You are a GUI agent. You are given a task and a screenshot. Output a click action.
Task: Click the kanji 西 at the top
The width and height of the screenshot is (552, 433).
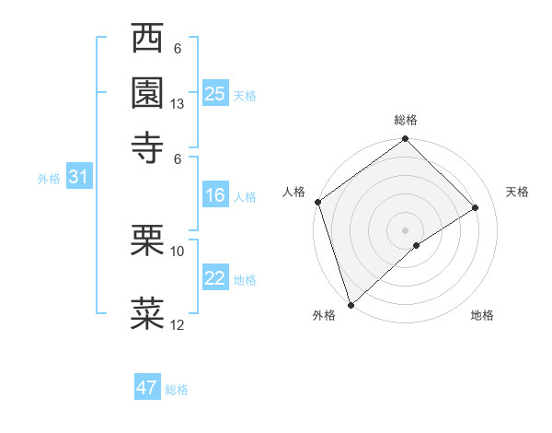coord(148,41)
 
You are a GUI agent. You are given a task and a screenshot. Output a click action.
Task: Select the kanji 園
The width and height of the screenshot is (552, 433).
coord(148,93)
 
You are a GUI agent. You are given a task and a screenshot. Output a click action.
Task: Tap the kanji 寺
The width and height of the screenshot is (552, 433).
coord(148,145)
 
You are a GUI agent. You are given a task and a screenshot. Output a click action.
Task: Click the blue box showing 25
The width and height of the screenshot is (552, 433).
coord(214,94)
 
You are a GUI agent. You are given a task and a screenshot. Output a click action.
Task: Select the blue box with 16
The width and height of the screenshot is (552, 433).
coord(214,195)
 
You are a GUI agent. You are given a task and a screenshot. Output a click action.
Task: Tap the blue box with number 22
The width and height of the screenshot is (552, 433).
coord(214,278)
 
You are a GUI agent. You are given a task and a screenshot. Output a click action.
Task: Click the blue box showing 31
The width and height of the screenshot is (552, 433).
coord(78,178)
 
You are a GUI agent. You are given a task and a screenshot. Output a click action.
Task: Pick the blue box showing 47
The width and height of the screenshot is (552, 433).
coord(147,388)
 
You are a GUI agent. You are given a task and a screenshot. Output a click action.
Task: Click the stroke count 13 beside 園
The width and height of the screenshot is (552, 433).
coord(178,104)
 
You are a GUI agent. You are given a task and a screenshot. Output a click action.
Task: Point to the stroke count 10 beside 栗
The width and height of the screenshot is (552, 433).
coord(178,251)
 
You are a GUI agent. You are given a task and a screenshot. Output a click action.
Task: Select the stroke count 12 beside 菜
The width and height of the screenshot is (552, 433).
coord(178,324)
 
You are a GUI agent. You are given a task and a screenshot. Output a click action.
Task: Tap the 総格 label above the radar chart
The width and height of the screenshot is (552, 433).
coord(405,120)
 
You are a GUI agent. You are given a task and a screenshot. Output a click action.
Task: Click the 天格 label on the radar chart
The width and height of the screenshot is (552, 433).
coord(517,192)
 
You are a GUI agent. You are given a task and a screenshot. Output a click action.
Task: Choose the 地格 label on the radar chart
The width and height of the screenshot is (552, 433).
coord(482,315)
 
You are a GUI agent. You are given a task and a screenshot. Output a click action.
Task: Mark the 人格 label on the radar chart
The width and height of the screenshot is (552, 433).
coord(293,192)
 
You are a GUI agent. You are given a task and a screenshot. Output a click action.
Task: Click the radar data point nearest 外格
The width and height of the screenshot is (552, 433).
coord(351,303)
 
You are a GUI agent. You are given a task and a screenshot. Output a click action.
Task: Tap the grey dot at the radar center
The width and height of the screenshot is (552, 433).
coord(405,229)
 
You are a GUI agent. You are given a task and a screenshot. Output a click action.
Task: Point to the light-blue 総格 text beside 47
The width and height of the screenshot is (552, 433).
coord(177,390)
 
